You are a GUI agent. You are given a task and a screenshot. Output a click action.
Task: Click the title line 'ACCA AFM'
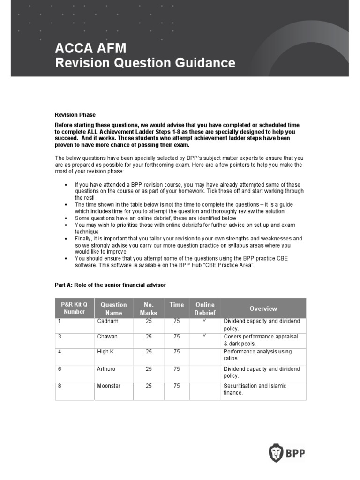[x=90, y=48]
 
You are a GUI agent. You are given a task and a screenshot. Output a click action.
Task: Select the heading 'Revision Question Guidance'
[x=145, y=63]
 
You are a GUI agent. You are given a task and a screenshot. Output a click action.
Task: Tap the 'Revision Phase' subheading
[x=75, y=115]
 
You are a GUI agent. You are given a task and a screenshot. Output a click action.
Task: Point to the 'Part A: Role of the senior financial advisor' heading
[x=110, y=285]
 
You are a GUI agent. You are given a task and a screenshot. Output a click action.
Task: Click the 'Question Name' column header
[x=113, y=308]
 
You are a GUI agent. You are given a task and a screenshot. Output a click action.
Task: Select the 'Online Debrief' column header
[x=205, y=308]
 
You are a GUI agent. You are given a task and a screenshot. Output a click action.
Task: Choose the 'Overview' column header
[x=263, y=308]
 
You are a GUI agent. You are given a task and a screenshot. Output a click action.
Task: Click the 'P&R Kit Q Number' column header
[x=75, y=308]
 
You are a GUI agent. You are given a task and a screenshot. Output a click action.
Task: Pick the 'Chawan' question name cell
[x=107, y=337]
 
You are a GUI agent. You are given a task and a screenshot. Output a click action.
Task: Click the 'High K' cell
[x=105, y=352]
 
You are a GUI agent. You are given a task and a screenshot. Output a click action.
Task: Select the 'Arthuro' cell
[x=106, y=369]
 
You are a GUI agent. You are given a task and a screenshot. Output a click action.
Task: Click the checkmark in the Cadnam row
[x=205, y=321]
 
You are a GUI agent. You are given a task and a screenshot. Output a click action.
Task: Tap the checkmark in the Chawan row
[x=205, y=336]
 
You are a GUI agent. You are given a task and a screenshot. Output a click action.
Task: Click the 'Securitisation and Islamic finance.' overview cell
[x=255, y=389]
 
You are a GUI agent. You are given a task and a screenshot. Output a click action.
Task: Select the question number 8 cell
[x=60, y=386]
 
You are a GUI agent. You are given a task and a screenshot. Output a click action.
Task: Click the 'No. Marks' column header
[x=149, y=308]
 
